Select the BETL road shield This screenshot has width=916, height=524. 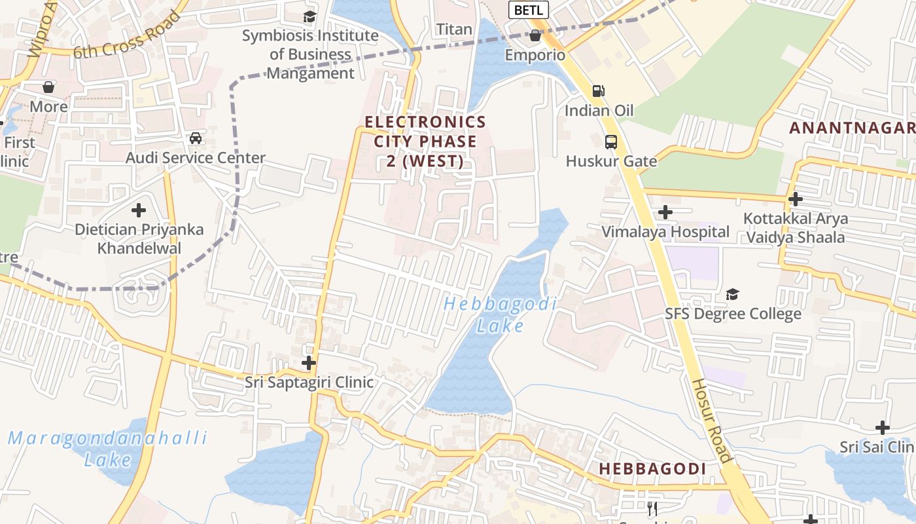click(529, 10)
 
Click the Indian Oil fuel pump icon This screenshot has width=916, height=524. click(598, 91)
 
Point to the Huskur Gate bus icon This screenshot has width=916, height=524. click(610, 141)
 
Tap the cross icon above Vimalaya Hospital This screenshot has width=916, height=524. click(665, 212)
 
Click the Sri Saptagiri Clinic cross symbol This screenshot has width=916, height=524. click(309, 363)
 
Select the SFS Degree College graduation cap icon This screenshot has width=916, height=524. click(732, 295)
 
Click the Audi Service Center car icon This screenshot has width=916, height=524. click(195, 138)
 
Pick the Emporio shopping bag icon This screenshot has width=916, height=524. click(535, 35)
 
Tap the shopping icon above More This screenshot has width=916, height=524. click(48, 87)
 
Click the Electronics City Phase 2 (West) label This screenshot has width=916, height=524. click(425, 141)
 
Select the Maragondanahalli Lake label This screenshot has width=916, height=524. click(108, 449)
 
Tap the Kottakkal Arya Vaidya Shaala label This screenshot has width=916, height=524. click(796, 228)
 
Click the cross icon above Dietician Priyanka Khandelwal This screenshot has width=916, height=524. click(139, 211)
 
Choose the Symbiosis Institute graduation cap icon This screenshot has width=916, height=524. click(309, 17)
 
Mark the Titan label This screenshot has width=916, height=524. click(454, 29)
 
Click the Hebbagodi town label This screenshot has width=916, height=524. click(652, 469)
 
